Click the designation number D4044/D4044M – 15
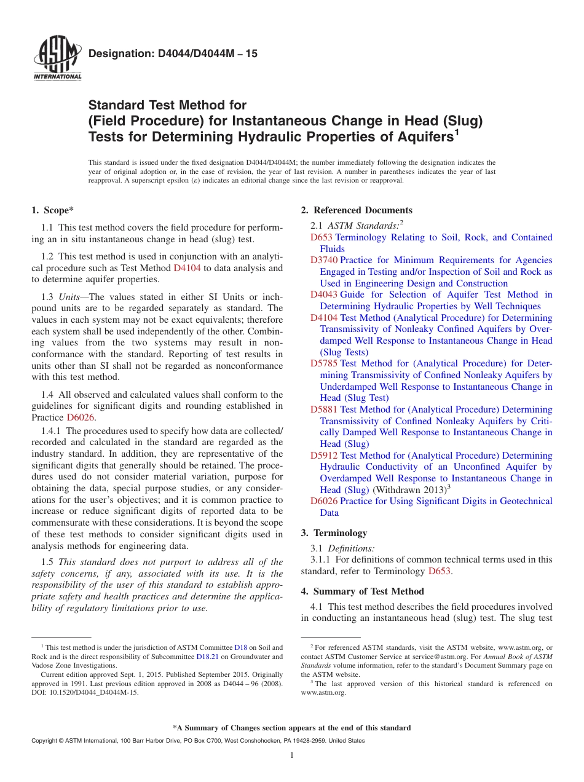[173, 53]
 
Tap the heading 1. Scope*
[53, 210]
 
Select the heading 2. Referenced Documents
[357, 210]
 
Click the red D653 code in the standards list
[321, 237]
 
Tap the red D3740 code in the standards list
[323, 260]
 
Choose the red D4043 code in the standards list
[323, 294]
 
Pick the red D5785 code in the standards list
[323, 363]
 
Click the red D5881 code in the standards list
[323, 409]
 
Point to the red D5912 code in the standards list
[323, 456]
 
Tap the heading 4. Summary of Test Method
[362, 591]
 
